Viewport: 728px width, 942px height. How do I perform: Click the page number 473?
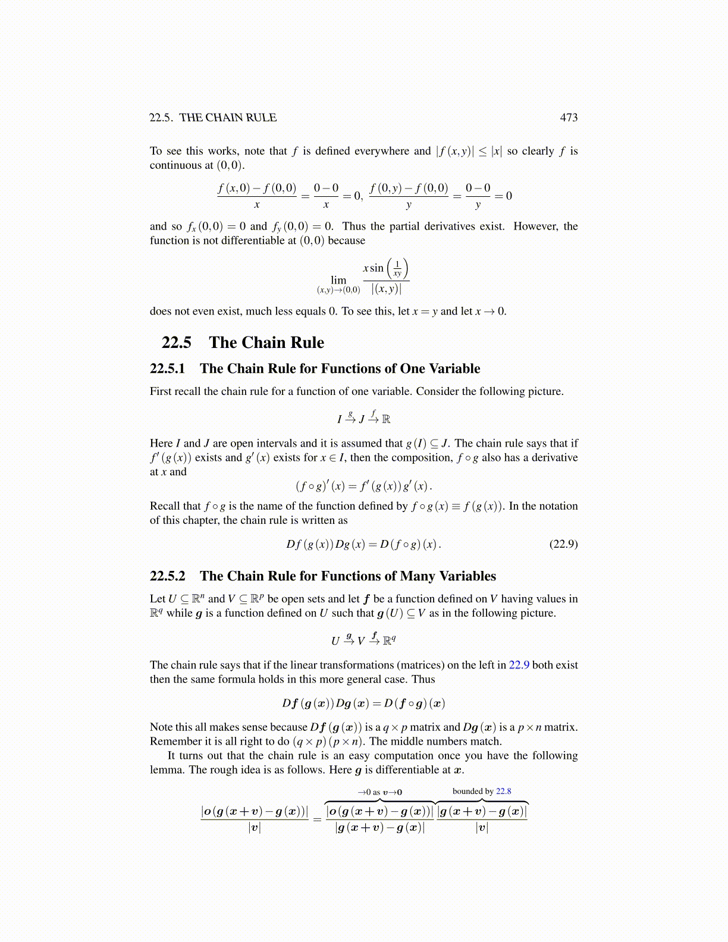pos(569,118)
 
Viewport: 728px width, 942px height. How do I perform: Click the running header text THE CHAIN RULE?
pos(228,118)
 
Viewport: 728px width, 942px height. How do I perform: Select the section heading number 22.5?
pos(177,343)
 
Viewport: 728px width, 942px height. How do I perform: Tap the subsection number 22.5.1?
pos(167,369)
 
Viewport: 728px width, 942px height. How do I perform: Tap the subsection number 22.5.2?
pos(167,576)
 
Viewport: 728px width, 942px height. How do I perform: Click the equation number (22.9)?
pos(563,544)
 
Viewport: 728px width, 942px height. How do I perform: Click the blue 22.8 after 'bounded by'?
pos(503,791)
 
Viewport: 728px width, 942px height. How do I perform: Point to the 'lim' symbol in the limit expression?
pos(338,280)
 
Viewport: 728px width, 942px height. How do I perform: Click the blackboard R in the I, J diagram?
pos(386,419)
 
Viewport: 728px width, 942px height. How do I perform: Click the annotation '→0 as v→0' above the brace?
pos(379,792)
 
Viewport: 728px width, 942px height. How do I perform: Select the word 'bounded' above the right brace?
pos(467,791)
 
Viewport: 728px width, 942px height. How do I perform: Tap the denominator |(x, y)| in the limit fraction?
pos(386,290)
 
